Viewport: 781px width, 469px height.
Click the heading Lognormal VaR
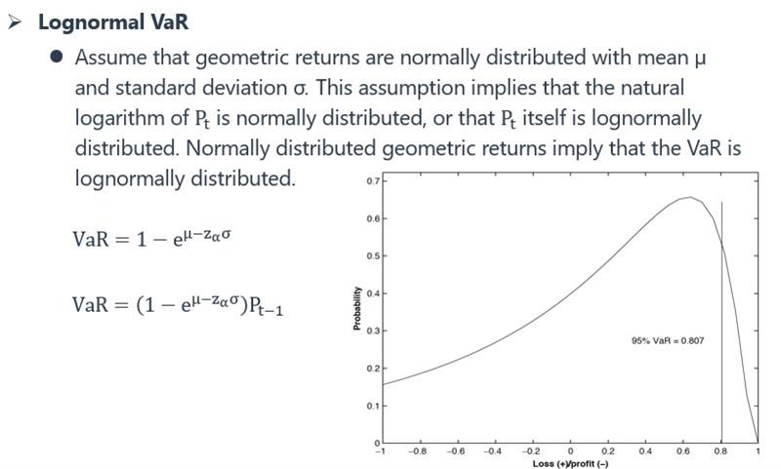pyautogui.click(x=113, y=22)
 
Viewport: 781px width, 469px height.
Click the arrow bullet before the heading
pyautogui.click(x=15, y=22)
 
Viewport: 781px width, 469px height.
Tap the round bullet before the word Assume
pyautogui.click(x=57, y=57)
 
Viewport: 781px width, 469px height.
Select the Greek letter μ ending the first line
pyautogui.click(x=700, y=59)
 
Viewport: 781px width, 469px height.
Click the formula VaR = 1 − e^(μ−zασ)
pyautogui.click(x=151, y=238)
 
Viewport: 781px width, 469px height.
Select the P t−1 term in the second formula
pyautogui.click(x=266, y=305)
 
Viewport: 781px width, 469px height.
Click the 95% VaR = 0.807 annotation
pyautogui.click(x=668, y=340)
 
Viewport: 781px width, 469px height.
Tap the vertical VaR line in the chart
pyautogui.click(x=721, y=323)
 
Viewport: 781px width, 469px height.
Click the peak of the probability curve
pyautogui.click(x=689, y=197)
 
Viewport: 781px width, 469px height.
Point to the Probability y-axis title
pyautogui.click(x=356, y=308)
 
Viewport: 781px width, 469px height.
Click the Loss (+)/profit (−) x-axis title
pyautogui.click(x=570, y=463)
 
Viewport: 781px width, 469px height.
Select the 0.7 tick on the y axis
pyautogui.click(x=373, y=181)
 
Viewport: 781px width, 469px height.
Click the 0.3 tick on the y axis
pyautogui.click(x=373, y=331)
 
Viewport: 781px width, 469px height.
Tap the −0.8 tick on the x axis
pyautogui.click(x=418, y=451)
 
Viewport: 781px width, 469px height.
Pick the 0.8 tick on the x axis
pyautogui.click(x=720, y=451)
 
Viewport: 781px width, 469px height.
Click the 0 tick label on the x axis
pyautogui.click(x=570, y=451)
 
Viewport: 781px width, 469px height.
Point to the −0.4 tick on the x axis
pyautogui.click(x=493, y=451)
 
